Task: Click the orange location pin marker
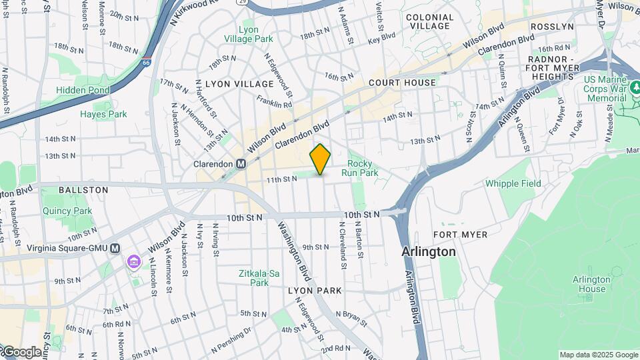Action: pyautogui.click(x=320, y=159)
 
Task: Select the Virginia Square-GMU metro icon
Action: pyautogui.click(x=115, y=248)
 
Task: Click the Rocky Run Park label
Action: pyautogui.click(x=360, y=168)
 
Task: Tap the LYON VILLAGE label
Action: pyautogui.click(x=239, y=84)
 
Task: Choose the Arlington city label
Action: pyautogui.click(x=429, y=252)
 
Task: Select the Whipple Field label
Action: pyautogui.click(x=513, y=183)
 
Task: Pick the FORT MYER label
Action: pyautogui.click(x=460, y=235)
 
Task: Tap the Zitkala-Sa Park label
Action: pyautogui.click(x=254, y=278)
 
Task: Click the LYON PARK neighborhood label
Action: pyautogui.click(x=315, y=291)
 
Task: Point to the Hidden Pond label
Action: pyautogui.click(x=83, y=90)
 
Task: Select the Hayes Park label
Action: pyautogui.click(x=103, y=114)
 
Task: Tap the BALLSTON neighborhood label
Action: pyautogui.click(x=83, y=190)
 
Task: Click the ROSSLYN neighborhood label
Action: pyautogui.click(x=552, y=27)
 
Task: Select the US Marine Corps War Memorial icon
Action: pyautogui.click(x=635, y=98)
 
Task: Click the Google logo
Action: pyautogui.click(x=21, y=352)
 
